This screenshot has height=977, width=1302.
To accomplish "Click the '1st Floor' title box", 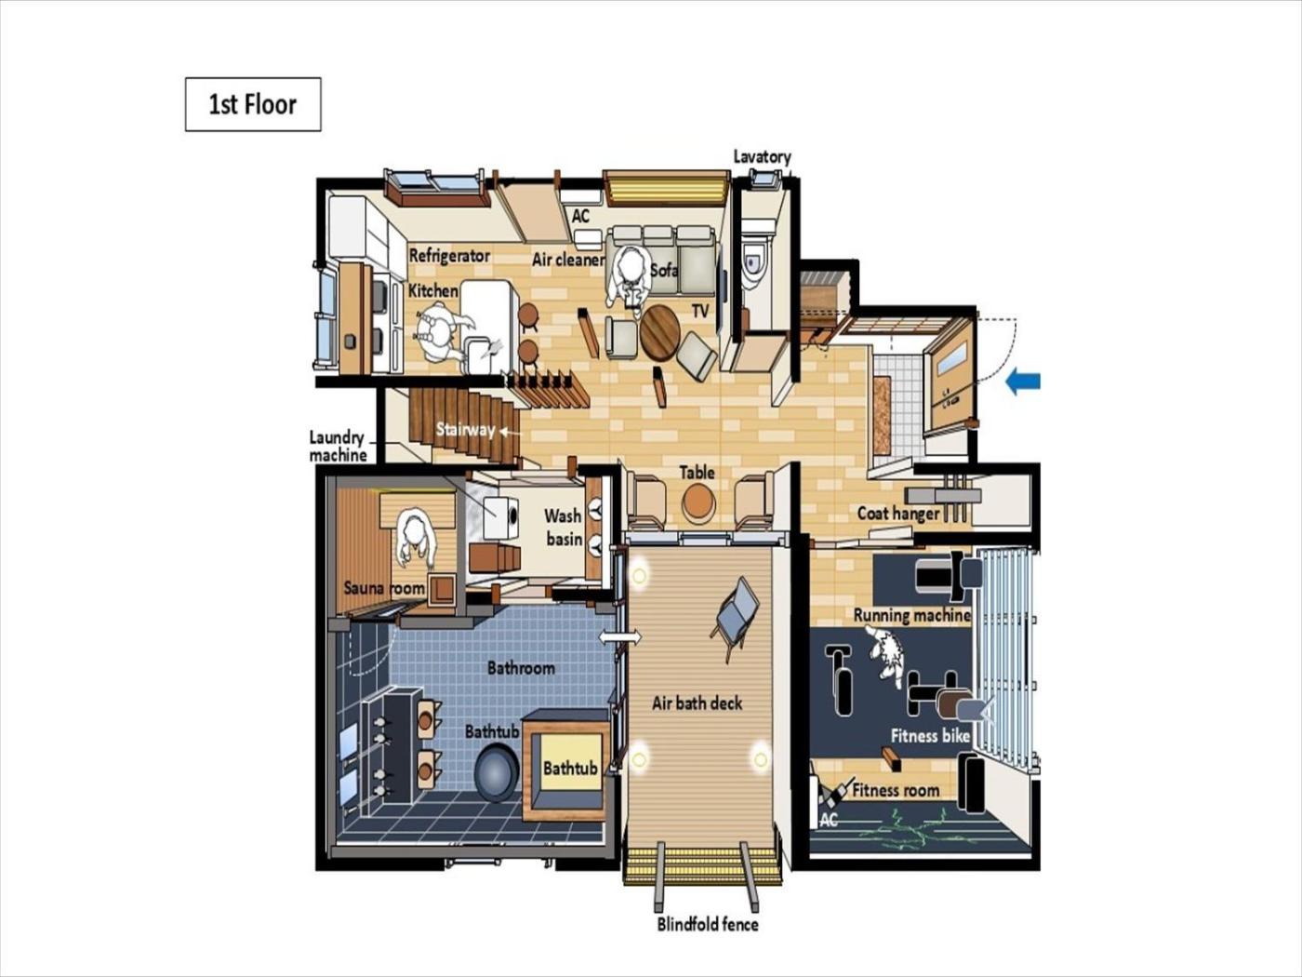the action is tap(253, 104).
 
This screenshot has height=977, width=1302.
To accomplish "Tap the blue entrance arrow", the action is tap(1023, 381).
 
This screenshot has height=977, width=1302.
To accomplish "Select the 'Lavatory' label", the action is tap(762, 157).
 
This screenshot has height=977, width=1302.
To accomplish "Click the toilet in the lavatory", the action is tap(754, 264).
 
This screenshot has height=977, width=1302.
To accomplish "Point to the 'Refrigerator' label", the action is tap(449, 256).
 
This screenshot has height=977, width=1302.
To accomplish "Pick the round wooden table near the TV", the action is tap(660, 333).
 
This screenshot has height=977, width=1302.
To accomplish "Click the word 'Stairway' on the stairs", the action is tap(465, 429).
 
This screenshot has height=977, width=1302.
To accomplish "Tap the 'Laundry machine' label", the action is tap(338, 446).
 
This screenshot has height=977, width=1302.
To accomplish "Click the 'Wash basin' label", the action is tap(564, 528).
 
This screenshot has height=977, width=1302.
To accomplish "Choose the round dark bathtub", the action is tap(497, 775).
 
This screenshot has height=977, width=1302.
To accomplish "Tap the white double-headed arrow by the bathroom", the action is tap(619, 637).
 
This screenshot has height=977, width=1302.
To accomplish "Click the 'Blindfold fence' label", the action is tap(707, 924).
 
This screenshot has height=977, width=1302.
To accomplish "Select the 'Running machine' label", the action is tap(911, 615).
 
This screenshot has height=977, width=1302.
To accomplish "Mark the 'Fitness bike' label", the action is tap(929, 736).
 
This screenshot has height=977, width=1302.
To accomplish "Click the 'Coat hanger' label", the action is tap(898, 513).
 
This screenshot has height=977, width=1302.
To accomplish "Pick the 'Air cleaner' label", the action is tap(567, 260).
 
